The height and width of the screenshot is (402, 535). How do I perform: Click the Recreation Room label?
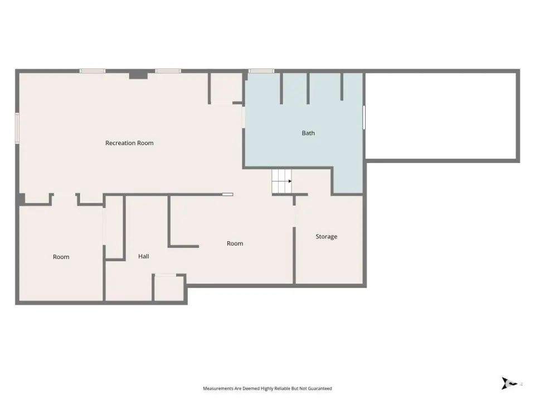[x=129, y=143]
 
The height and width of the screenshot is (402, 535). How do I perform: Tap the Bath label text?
[x=308, y=133]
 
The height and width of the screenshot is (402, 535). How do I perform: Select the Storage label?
[x=326, y=237]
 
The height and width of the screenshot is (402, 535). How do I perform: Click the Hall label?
[x=144, y=256]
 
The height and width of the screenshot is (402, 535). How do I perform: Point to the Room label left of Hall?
[x=61, y=257]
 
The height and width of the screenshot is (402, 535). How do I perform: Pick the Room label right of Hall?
[x=235, y=243]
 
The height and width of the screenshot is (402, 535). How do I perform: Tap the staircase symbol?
[x=282, y=181]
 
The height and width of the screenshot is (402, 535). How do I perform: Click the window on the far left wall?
[x=17, y=128]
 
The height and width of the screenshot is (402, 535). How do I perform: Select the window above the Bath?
[x=261, y=71]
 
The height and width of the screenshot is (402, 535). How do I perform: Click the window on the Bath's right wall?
[x=364, y=118]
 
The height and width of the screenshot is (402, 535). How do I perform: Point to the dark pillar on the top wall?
[x=138, y=74]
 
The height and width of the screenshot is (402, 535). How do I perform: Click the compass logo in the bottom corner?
[x=509, y=383]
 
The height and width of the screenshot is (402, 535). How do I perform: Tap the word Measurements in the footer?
[x=218, y=389]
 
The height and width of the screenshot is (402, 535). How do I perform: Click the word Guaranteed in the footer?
[x=321, y=389]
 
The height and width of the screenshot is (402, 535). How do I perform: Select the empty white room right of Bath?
[x=441, y=116]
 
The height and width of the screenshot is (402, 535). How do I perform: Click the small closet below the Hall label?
[x=168, y=288]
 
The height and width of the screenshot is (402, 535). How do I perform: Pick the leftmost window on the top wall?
[x=93, y=71]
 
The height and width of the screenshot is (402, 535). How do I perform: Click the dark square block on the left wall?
[x=21, y=199]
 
